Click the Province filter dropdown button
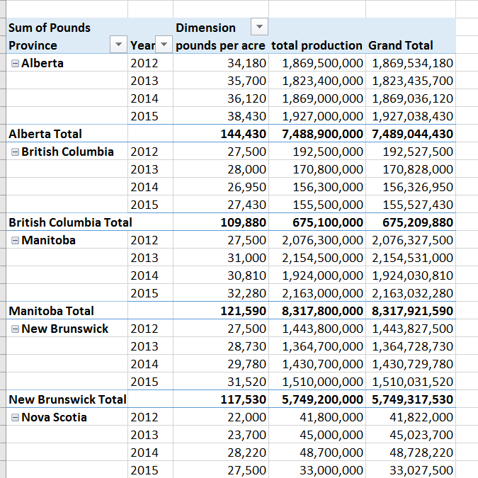[x=118, y=45]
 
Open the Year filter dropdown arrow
[x=164, y=45]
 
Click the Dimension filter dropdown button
[x=260, y=28]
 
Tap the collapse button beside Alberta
[x=15, y=63]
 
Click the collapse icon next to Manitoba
[x=15, y=240]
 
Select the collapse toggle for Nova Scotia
[x=15, y=417]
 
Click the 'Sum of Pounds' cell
[x=50, y=28]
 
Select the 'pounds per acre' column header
[x=220, y=45]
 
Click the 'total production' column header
[x=317, y=45]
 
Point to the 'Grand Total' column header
[x=400, y=45]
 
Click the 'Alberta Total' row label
[x=45, y=134]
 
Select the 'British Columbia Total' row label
[x=70, y=222]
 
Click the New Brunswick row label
[x=64, y=329]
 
